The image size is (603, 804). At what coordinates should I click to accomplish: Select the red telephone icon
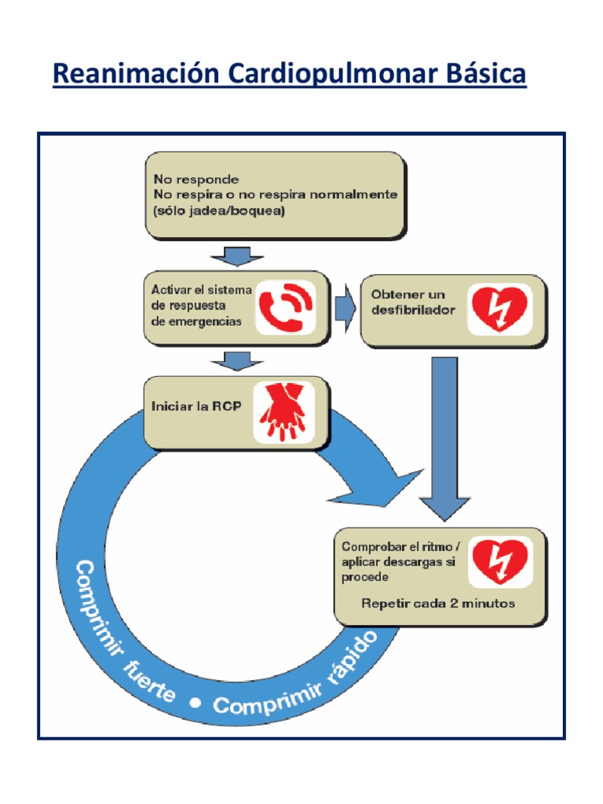[x=287, y=306]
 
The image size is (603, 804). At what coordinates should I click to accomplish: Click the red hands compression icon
[x=283, y=411]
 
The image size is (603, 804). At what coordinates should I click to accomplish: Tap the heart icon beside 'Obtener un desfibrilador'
[x=499, y=309]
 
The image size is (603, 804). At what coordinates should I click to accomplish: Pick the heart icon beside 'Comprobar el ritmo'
[x=499, y=561]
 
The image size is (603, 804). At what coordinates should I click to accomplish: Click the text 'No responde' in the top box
[x=196, y=179]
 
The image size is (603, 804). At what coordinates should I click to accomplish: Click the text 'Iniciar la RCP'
[x=196, y=407]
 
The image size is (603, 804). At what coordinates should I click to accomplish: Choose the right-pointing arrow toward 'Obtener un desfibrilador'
[x=344, y=308]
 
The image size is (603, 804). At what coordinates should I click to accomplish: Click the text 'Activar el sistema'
[x=202, y=290]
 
